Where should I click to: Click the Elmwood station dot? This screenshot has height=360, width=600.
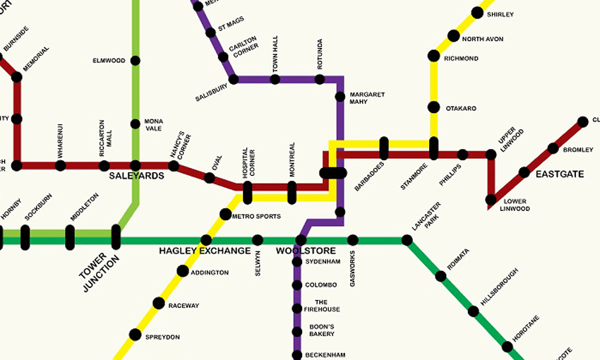[135, 61]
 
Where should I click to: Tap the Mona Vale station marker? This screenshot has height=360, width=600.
[135, 124]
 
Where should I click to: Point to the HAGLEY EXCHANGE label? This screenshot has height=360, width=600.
[205, 251]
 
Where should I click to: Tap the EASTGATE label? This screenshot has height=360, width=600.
[560, 174]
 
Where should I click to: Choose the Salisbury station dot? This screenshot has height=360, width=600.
[234, 80]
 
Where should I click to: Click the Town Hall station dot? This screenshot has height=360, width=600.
[275, 80]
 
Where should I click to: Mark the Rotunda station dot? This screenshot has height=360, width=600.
[319, 80]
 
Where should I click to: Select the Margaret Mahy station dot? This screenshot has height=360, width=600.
[340, 95]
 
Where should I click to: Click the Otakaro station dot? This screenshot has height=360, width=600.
[433, 108]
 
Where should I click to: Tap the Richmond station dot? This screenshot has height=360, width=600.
[433, 58]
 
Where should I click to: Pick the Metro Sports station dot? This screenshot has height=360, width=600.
[225, 214]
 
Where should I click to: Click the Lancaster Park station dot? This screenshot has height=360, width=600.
[407, 241]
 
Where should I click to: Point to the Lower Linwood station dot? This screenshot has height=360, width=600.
[491, 200]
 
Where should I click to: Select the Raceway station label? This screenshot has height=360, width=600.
[184, 306]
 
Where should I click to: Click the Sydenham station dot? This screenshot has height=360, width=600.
[297, 263]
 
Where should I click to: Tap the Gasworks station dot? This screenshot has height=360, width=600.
[353, 241]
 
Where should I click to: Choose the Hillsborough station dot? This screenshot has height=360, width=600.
[473, 311]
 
